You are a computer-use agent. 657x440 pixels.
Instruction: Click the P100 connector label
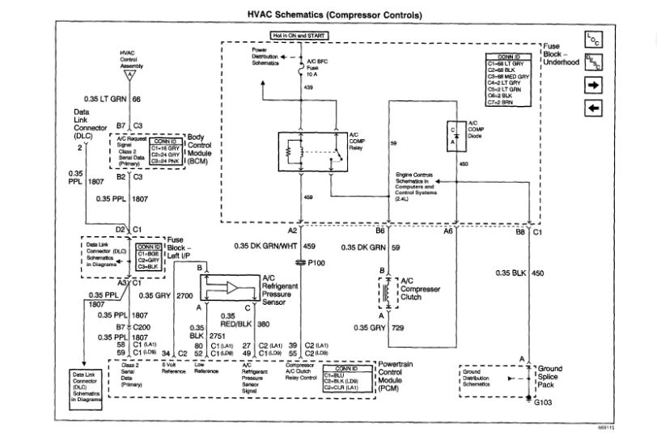[316, 263]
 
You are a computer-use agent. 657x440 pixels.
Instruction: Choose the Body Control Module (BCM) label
[204, 150]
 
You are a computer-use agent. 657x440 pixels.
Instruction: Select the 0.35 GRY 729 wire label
[376, 328]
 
